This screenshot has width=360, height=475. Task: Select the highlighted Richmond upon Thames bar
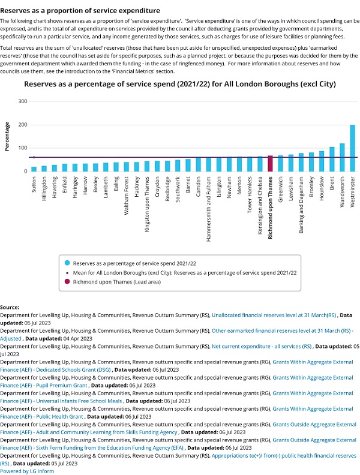click(x=271, y=164)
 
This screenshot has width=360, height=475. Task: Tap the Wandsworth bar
click(x=342, y=157)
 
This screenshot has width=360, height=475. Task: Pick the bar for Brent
click(x=332, y=159)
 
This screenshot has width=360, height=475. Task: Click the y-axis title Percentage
click(x=8, y=136)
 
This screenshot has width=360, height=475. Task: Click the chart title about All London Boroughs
click(x=180, y=84)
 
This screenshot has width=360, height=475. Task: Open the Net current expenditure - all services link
click(x=262, y=346)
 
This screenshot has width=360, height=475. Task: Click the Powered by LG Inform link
click(x=27, y=471)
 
